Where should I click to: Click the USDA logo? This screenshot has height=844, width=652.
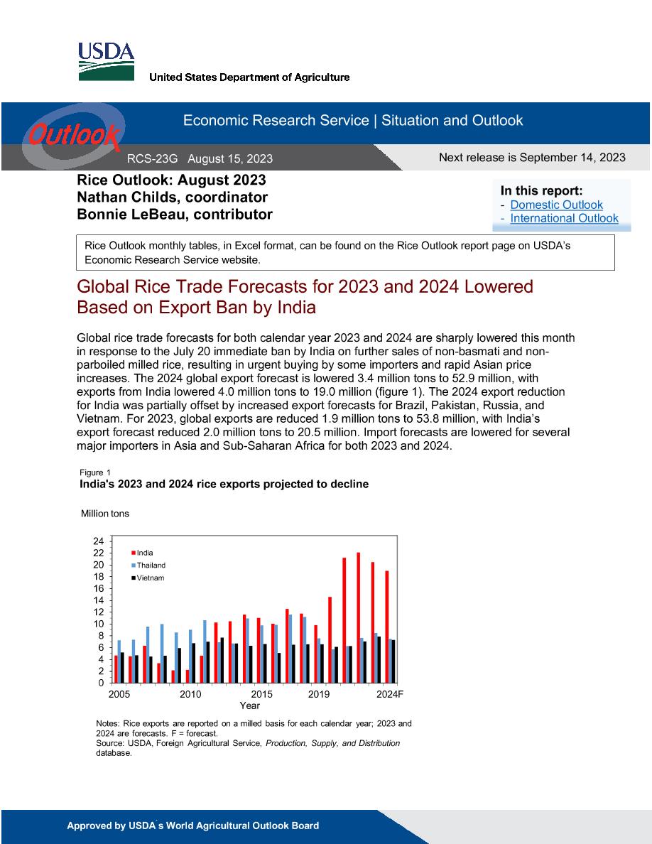point(106,61)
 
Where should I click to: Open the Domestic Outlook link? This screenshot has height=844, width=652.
point(556,205)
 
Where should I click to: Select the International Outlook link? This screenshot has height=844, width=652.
point(565,219)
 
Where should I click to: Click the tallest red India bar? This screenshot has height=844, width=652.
point(358,617)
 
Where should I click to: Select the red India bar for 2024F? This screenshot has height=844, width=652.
point(387,627)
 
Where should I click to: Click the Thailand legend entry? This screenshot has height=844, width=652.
point(148,566)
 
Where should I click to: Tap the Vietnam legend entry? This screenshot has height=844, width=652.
point(148,578)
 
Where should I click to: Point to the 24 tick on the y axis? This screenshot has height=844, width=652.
point(99,541)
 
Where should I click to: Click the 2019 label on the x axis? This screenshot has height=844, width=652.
point(318,694)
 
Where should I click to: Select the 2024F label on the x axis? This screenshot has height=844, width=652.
point(389,694)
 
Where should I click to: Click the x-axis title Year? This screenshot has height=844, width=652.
point(249,705)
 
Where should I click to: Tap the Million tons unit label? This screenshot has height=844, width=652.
point(105,514)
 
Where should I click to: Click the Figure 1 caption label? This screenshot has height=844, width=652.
point(95,472)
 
